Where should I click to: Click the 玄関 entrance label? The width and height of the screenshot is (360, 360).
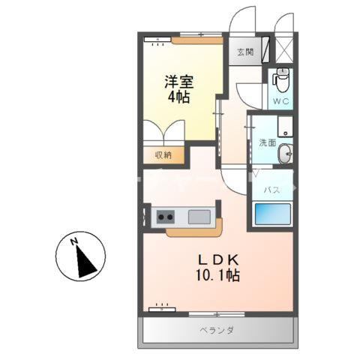[245, 52]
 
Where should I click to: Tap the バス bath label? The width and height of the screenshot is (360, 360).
[271, 190]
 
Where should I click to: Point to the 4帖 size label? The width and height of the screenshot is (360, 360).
[179, 99]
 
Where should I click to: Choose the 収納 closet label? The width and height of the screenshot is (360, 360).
[163, 154]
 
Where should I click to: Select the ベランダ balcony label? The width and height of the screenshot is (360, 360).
[217, 330]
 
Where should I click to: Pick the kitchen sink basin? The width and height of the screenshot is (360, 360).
[199, 218]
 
